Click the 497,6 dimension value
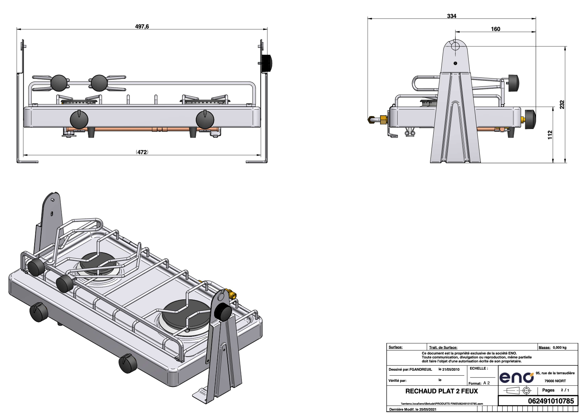pos(142,27)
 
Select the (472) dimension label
pos(142,152)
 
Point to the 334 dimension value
pos(451,16)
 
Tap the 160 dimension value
pos(496,29)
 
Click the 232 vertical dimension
pos(562,104)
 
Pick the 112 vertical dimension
pos(550,135)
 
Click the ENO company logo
pos(517,377)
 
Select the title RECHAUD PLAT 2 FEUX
pos(441,391)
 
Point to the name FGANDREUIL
pos(421,369)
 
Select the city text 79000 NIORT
pos(555,381)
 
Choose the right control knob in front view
pos(205,120)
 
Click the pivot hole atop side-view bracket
pos(455,46)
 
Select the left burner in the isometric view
pos(97,261)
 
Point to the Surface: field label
pos(395,347)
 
